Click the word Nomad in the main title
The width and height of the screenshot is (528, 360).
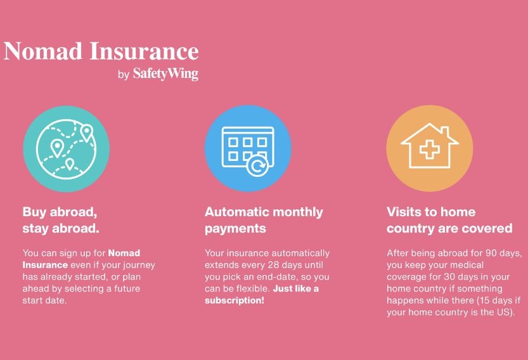click(x=42, y=51)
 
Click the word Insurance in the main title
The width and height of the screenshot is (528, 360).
click(x=144, y=51)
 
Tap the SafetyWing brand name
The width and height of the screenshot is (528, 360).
click(x=165, y=74)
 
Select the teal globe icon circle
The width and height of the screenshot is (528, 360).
click(x=67, y=148)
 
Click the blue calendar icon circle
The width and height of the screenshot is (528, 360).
click(x=248, y=148)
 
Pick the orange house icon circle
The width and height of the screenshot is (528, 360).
click(x=430, y=148)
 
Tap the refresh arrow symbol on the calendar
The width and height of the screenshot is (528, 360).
click(x=257, y=165)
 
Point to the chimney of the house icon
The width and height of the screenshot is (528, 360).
click(x=445, y=131)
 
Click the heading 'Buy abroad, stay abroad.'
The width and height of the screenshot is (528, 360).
click(x=61, y=220)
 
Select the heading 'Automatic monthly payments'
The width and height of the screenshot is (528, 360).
click(x=264, y=220)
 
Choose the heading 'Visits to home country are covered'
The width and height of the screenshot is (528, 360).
click(x=449, y=220)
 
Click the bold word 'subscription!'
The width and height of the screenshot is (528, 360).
click(x=235, y=300)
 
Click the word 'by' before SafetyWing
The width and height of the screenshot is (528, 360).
click(x=124, y=74)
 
